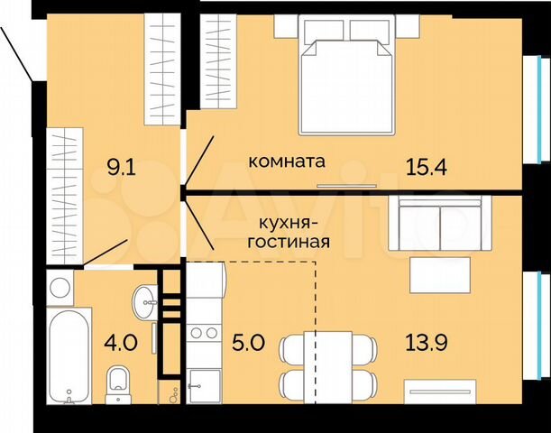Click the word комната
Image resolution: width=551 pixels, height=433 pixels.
click(x=287, y=162)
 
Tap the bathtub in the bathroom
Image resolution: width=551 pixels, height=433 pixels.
click(x=68, y=358)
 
